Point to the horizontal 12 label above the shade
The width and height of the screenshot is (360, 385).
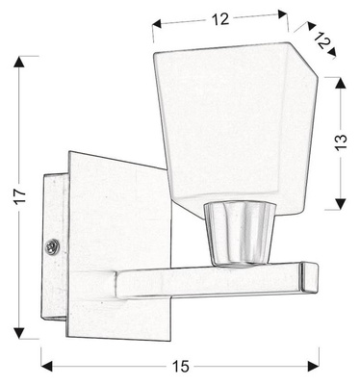click(221, 16)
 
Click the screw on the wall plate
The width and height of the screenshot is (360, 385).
click(53, 247)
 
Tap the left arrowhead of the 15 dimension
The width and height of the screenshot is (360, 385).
click(46, 366)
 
